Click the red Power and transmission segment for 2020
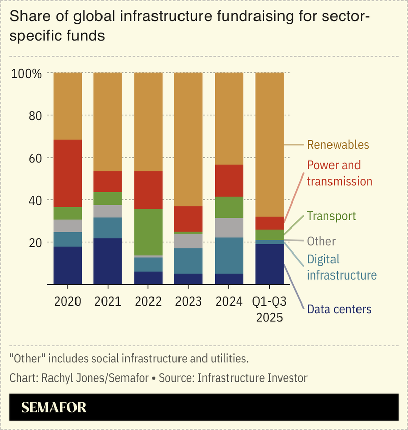[x=67, y=173]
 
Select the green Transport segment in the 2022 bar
[x=148, y=232]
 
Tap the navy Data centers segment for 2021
[x=108, y=261]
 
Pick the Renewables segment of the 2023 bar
[x=188, y=139]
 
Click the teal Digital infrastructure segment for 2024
[x=228, y=256]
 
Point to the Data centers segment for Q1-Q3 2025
[x=269, y=264]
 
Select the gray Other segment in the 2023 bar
[x=188, y=241]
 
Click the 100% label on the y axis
[x=26, y=73]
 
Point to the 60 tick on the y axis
[x=33, y=158]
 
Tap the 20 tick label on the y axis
[x=33, y=242]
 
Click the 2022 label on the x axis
[x=148, y=301]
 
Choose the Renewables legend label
[x=338, y=145]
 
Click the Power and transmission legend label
[x=339, y=173]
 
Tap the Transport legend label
[x=331, y=216]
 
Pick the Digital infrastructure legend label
[x=341, y=267]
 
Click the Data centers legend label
[x=339, y=309]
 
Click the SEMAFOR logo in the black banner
[x=54, y=407]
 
